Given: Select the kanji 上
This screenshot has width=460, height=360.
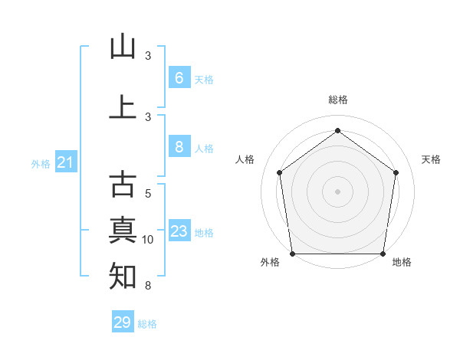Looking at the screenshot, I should [x=123, y=106].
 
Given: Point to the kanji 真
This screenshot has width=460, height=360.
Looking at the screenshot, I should [x=123, y=230].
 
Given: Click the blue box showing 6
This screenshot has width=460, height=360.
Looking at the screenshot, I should [x=179, y=77].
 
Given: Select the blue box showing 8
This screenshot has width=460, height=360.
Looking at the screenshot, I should [x=179, y=147].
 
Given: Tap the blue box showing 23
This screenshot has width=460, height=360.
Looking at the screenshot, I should [x=179, y=231].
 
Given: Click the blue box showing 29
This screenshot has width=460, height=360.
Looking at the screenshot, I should [x=123, y=322].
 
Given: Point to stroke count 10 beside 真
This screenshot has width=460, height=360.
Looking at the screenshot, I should [x=148, y=240].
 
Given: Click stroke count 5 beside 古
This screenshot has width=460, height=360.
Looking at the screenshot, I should [x=148, y=194].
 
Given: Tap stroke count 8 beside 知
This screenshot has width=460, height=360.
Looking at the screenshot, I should [x=148, y=286].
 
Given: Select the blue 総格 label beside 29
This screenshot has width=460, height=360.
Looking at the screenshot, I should [x=147, y=324].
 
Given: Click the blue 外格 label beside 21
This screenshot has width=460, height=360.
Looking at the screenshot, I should [x=41, y=163].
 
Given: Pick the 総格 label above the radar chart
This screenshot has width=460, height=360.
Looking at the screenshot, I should [x=337, y=100].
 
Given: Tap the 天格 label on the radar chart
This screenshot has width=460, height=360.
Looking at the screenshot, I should [x=432, y=159].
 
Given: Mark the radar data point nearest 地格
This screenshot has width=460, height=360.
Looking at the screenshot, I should [x=382, y=254].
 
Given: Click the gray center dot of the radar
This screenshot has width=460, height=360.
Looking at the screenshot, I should [x=337, y=191].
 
